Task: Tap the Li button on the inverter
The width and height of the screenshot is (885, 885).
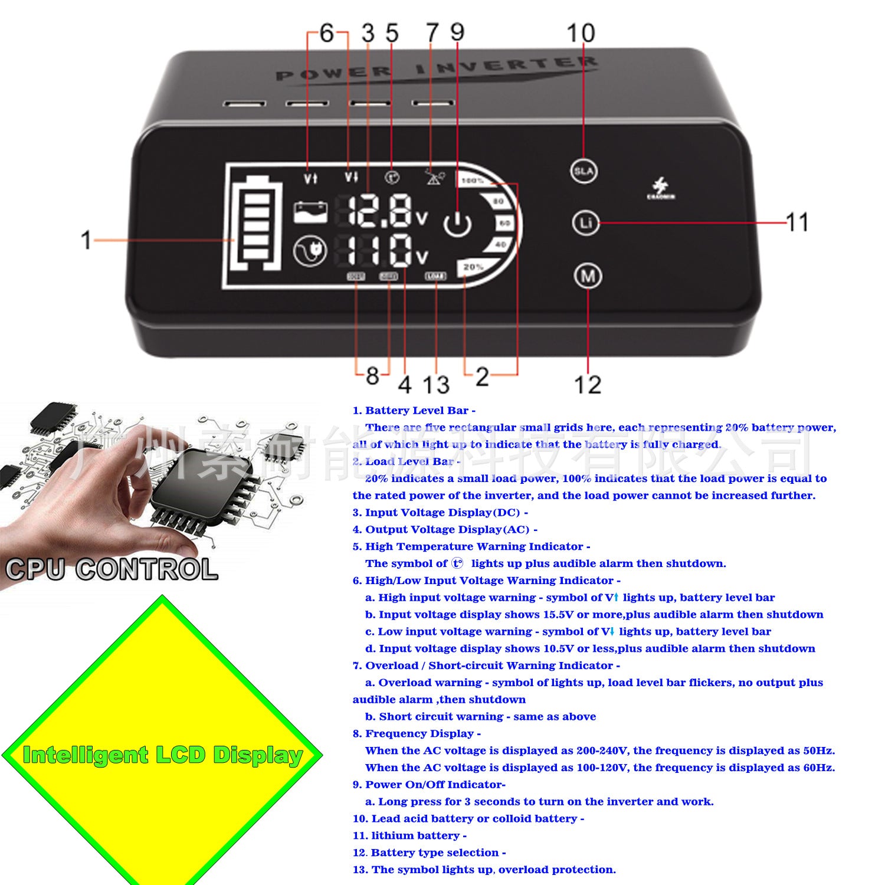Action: pyautogui.click(x=586, y=223)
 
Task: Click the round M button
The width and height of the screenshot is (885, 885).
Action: pyautogui.click(x=588, y=276)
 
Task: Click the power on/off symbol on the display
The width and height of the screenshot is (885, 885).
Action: pyautogui.click(x=457, y=224)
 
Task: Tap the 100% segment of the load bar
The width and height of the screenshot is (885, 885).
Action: pyautogui.click(x=473, y=181)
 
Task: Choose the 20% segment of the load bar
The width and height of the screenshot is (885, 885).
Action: pyautogui.click(x=473, y=267)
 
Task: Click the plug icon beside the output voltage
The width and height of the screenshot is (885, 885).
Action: pyautogui.click(x=310, y=250)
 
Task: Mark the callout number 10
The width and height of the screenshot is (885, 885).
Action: pyautogui.click(x=581, y=33)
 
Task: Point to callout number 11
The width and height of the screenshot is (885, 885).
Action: pyautogui.click(x=797, y=222)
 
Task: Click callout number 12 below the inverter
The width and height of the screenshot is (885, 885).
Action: pyautogui.click(x=588, y=385)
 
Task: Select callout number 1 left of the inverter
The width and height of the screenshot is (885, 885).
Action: pyautogui.click(x=86, y=240)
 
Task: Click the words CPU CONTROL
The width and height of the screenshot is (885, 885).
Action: pyautogui.click(x=112, y=569)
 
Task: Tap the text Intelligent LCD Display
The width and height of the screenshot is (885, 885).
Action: pyautogui.click(x=162, y=755)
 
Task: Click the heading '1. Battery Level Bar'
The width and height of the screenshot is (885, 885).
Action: pyautogui.click(x=414, y=411)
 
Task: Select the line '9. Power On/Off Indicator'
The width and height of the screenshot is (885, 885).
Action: pyautogui.click(x=429, y=785)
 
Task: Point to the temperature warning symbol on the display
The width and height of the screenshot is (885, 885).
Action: pyautogui.click(x=392, y=176)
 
